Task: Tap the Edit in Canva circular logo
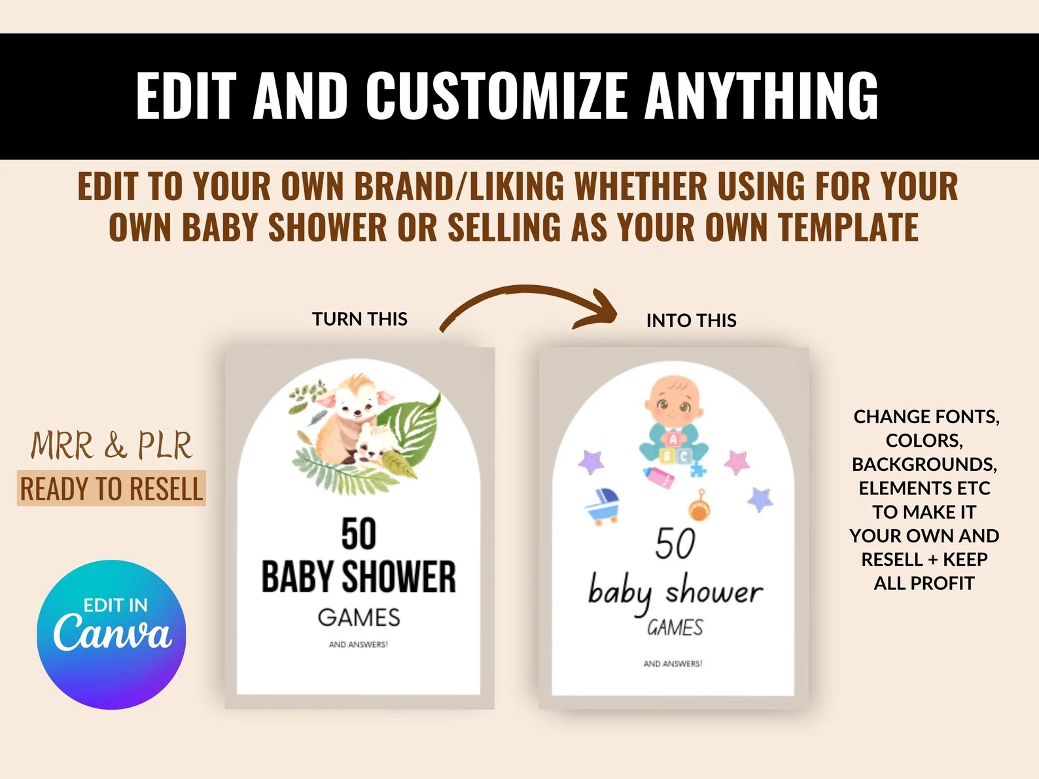(111, 634)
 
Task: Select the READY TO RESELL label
(111, 488)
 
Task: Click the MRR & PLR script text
(111, 445)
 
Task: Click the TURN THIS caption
(360, 319)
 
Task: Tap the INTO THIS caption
(691, 320)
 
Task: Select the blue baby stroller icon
(603, 506)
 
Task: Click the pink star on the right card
(737, 462)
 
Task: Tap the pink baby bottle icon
(659, 477)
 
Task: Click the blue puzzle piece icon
(697, 470)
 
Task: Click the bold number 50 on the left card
(359, 534)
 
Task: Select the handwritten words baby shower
(675, 593)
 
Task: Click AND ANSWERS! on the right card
(673, 664)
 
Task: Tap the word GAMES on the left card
(359, 617)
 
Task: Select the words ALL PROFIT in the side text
(924, 583)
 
